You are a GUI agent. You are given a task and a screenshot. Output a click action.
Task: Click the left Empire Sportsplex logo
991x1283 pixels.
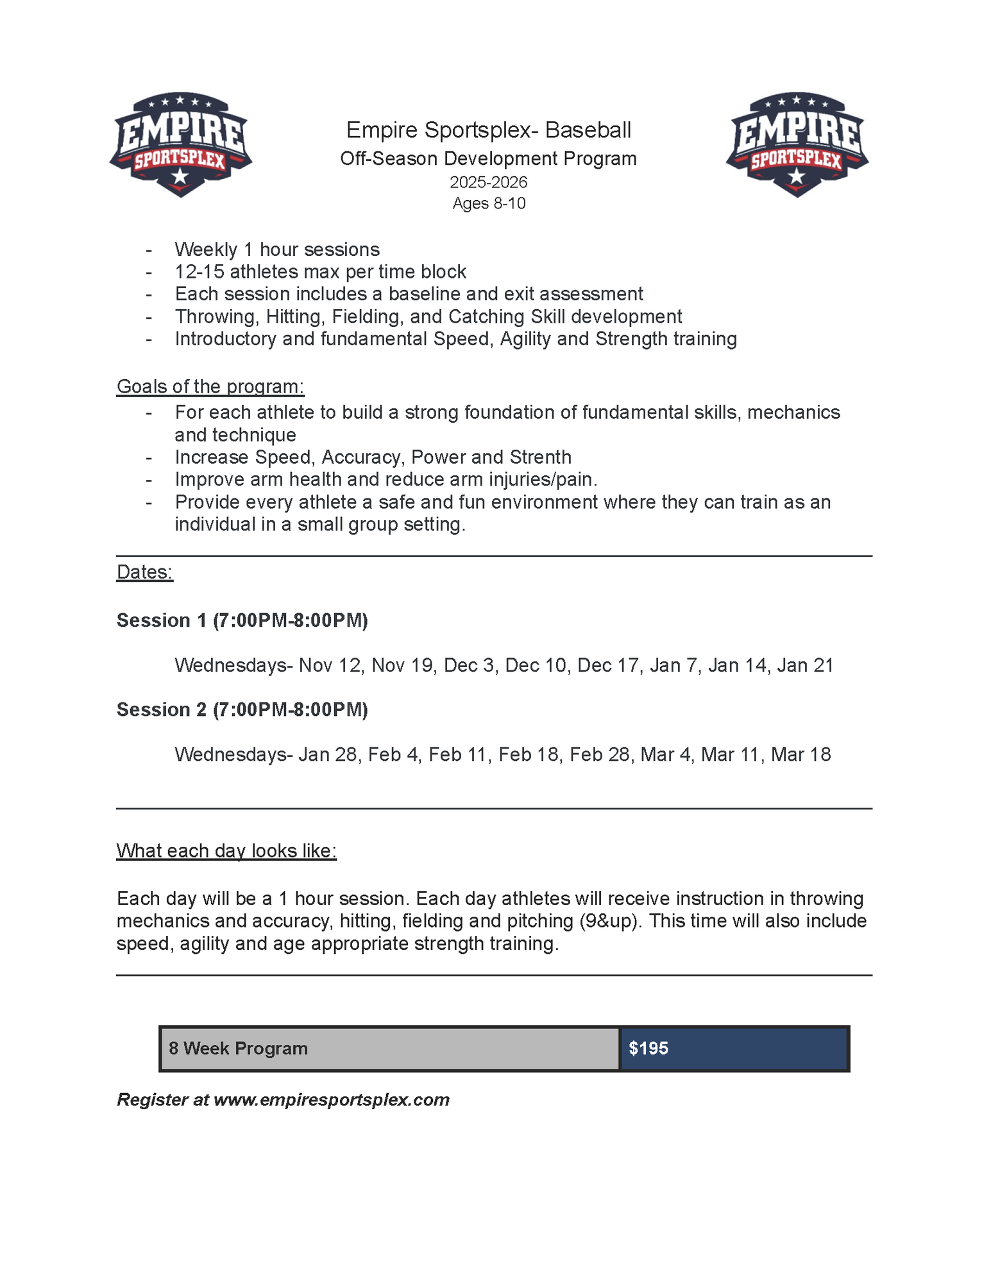[x=180, y=144]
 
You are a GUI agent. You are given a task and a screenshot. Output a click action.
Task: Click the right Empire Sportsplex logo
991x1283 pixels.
[x=797, y=144]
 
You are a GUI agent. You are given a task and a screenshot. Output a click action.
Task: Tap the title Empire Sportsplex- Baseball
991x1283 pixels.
[x=489, y=130]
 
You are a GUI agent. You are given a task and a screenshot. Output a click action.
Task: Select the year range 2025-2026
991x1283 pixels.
[x=489, y=182]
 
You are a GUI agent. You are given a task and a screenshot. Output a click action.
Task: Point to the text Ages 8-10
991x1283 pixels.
[x=489, y=203]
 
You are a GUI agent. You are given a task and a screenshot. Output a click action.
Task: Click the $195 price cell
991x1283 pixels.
[x=734, y=1048]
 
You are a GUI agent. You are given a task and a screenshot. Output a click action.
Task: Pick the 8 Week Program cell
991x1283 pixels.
[x=390, y=1048]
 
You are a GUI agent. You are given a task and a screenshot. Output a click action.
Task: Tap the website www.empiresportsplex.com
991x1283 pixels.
[x=332, y=1100]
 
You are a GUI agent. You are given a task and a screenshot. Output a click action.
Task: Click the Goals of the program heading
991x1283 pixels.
[x=210, y=386]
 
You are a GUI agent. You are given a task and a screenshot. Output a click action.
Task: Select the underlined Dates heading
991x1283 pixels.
[x=145, y=572]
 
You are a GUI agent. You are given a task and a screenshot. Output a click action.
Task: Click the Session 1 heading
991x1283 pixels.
[x=242, y=620]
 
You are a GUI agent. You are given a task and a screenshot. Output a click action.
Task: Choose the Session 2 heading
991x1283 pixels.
[x=242, y=709]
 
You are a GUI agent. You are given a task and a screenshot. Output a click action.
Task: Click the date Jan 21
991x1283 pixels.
[x=805, y=665]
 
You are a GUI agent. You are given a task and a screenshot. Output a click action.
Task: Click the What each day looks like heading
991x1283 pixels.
[x=226, y=851]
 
